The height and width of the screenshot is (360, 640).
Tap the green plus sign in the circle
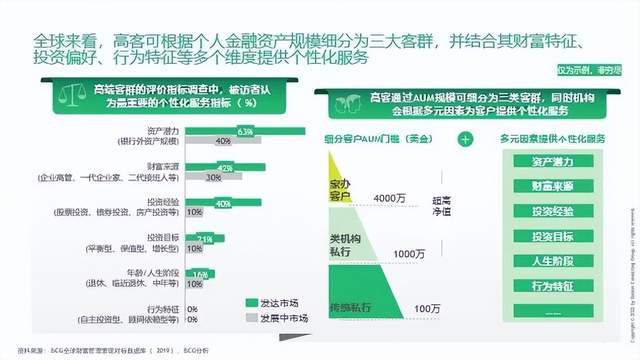coord(464,141)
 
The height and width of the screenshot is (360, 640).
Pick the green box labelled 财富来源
coord(552,186)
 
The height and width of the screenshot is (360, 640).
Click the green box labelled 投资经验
coord(552,212)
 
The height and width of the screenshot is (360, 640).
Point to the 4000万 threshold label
coord(390,198)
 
